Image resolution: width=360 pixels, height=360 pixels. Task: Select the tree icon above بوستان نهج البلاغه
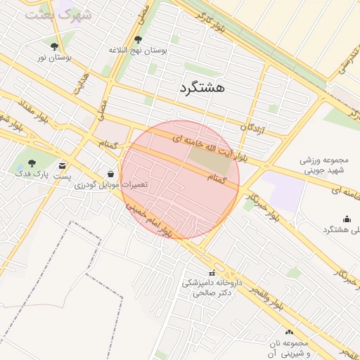138,40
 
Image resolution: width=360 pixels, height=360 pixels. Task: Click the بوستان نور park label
54,56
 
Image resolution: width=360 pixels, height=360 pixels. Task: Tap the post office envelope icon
64,165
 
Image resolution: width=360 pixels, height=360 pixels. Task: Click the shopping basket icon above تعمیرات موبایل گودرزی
111,173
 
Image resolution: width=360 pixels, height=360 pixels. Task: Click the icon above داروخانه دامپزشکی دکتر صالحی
212,273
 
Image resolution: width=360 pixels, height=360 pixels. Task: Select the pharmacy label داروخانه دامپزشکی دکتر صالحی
212,287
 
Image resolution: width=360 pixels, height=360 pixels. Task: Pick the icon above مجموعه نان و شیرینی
289,332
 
